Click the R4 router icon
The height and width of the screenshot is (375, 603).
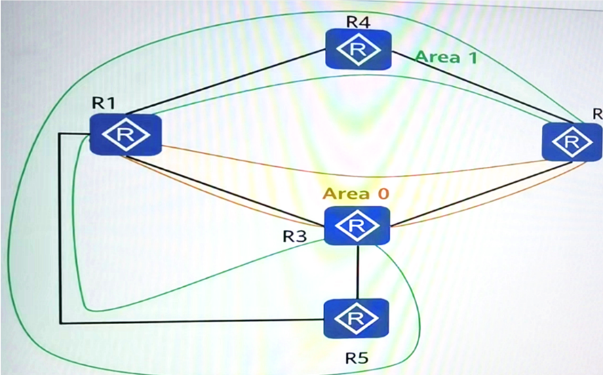(x=358, y=50)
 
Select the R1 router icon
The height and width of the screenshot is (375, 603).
(x=125, y=135)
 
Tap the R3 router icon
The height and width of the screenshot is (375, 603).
(x=357, y=225)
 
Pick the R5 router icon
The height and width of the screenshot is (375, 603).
(x=356, y=319)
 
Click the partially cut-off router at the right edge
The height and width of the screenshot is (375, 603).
(x=572, y=142)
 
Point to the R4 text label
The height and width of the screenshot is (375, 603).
(x=358, y=22)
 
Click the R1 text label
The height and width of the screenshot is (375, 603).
(x=104, y=103)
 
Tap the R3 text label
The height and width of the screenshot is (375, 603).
(x=295, y=237)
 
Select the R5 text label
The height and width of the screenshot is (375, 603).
(x=357, y=359)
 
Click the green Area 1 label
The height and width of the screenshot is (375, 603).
(x=446, y=58)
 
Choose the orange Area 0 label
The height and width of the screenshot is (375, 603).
(x=356, y=193)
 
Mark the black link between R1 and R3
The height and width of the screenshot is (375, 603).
(x=224, y=190)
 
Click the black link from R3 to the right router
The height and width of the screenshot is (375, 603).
(x=481, y=193)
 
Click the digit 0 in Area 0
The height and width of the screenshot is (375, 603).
(x=383, y=193)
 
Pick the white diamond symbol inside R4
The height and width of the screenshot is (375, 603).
(x=358, y=50)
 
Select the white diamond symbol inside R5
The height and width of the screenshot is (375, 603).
(x=356, y=319)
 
